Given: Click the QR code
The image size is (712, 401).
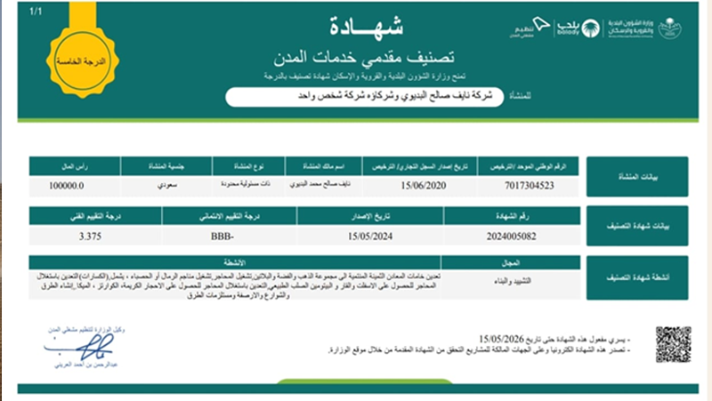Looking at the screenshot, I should click(673, 344).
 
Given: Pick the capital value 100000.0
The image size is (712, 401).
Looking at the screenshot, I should click(64, 187).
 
